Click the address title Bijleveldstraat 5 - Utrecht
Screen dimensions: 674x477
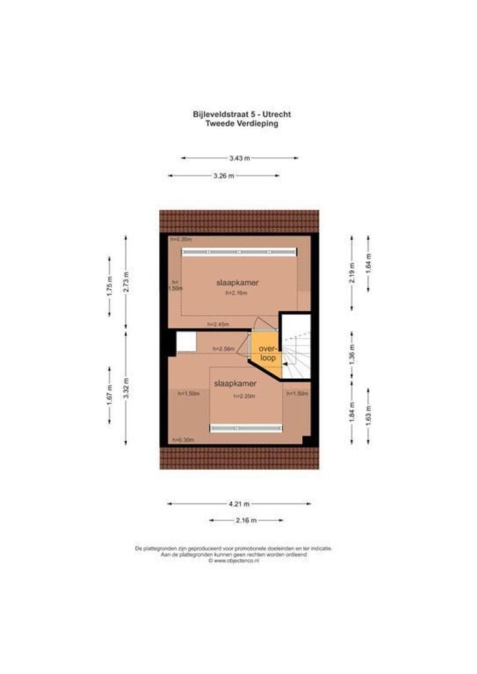242,114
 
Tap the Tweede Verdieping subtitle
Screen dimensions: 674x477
242,124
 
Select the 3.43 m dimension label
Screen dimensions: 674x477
239,159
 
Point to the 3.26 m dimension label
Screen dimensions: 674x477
224,176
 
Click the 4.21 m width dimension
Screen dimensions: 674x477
238,504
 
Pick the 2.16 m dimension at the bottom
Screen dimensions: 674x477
245,520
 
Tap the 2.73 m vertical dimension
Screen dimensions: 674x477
125,282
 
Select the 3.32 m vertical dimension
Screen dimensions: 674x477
125,388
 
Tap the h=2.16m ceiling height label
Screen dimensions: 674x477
237,293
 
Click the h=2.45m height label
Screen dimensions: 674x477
218,325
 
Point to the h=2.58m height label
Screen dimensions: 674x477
224,348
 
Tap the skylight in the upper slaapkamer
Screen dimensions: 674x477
239,252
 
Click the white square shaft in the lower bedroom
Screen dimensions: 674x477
186,342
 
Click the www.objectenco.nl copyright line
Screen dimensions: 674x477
234,561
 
